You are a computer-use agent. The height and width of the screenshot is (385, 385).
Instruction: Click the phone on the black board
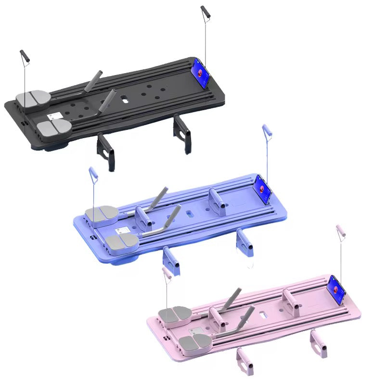(202, 74)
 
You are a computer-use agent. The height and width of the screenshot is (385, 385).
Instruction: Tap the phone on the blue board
(263, 190)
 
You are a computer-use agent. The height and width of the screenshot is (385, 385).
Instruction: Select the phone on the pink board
(336, 291)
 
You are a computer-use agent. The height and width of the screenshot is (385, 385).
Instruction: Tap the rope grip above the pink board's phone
(341, 231)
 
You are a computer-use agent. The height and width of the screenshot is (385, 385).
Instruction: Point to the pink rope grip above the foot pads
(167, 274)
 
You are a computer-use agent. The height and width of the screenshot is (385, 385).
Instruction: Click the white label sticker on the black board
(54, 116)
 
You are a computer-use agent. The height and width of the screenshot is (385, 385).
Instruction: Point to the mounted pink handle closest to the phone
(290, 301)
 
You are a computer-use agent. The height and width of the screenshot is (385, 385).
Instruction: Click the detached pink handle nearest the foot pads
(244, 361)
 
